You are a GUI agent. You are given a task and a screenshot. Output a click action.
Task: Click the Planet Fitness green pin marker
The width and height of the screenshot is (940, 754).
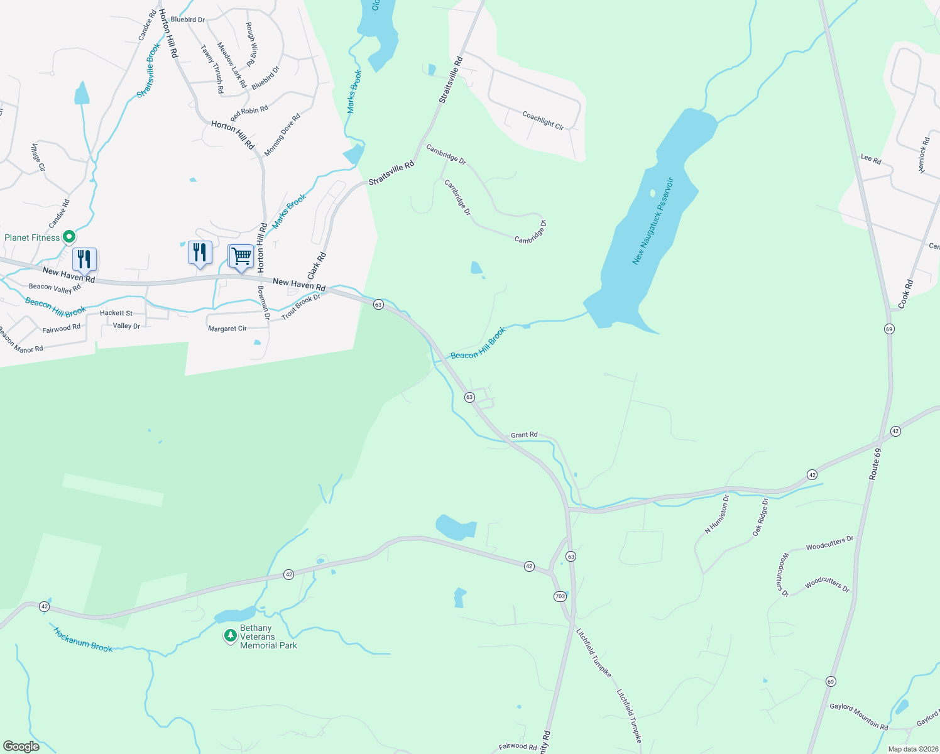69,237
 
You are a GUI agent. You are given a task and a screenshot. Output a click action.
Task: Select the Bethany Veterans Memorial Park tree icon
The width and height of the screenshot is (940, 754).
231,636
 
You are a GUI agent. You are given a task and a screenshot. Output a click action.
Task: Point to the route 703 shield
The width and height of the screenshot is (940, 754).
560,596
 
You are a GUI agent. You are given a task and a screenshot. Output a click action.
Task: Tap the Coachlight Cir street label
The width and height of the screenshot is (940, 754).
543,120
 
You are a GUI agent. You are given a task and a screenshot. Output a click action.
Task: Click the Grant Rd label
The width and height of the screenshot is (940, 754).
524,435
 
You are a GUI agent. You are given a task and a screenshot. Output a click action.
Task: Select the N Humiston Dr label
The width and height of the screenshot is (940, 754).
716,514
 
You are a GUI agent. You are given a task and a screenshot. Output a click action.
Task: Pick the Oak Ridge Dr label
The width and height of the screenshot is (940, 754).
760,517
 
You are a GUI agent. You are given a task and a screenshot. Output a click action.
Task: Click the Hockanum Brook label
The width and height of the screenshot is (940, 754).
83,640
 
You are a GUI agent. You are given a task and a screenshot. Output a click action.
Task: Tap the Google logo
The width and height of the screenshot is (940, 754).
21,746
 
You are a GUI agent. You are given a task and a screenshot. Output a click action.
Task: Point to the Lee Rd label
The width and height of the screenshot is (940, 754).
870,159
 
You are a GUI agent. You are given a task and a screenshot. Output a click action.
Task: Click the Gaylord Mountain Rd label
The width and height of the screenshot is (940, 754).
858,716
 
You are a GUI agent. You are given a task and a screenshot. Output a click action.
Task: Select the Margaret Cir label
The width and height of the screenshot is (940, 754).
227,329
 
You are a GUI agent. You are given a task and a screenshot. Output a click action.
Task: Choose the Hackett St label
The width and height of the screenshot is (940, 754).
116,313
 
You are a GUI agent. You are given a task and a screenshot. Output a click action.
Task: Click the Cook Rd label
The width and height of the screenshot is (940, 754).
905,293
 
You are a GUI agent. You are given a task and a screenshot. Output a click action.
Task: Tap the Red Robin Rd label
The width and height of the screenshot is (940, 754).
249,113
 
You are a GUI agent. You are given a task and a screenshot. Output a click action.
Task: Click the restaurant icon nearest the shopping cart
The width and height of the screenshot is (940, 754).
200,253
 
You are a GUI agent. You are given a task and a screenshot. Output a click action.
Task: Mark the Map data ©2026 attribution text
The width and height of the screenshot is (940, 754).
913,749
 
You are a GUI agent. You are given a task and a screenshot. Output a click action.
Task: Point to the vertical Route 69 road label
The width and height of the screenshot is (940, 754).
875,464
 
